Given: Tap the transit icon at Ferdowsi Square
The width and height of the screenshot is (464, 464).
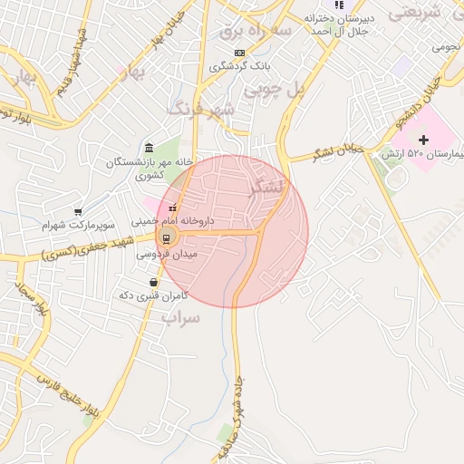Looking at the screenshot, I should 166,237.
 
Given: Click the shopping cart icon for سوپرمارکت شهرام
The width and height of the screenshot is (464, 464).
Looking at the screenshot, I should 78,211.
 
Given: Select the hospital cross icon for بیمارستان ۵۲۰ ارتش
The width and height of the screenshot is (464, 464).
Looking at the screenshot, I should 423,139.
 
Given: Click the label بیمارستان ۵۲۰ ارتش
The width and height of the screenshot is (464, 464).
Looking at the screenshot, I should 423,154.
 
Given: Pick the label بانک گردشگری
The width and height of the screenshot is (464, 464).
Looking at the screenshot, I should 239,66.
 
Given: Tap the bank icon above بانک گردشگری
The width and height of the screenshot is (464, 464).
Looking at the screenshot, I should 239,53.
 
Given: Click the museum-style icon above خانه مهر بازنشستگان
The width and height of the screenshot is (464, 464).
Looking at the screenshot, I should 149,149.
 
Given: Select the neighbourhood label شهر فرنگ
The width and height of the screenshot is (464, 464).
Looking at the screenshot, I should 201,110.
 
